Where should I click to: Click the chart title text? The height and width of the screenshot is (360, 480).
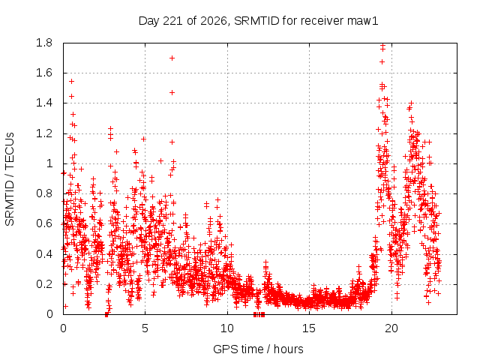[258, 21]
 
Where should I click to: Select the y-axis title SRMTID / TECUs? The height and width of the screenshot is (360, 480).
[10, 179]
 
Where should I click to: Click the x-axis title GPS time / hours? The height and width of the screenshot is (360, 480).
[258, 349]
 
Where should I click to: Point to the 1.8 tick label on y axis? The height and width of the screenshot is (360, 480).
[44, 43]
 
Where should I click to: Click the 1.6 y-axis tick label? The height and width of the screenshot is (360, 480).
[44, 73]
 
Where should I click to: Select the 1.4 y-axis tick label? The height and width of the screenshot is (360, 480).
[44, 103]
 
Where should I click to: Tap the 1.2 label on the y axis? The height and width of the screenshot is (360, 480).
[44, 133]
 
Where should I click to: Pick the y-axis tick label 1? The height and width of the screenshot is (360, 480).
[49, 163]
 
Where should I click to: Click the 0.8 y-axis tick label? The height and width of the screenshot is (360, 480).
[44, 193]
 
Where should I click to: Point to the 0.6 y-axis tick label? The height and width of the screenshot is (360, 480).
[44, 223]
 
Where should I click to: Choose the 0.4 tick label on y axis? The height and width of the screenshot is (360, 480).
[44, 253]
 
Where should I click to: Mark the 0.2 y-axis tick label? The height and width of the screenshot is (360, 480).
[44, 284]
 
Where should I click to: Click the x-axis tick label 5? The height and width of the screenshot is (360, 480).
[145, 328]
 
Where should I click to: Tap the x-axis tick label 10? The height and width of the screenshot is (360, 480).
[227, 328]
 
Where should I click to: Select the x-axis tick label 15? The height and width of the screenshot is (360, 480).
[309, 328]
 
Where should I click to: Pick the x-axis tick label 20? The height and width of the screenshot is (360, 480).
[391, 328]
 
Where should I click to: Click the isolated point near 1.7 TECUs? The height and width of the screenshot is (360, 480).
[172, 58]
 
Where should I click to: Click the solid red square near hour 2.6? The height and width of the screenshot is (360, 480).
[106, 314]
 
